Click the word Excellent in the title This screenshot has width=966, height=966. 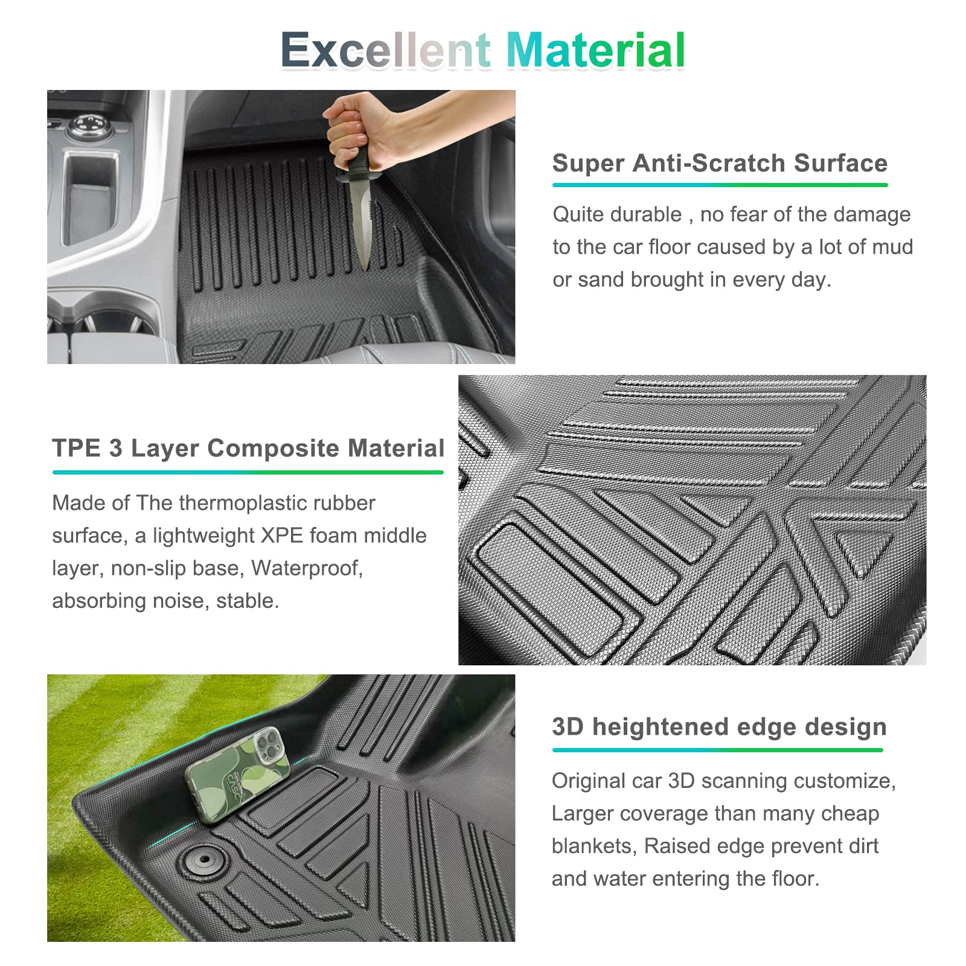click(x=386, y=50)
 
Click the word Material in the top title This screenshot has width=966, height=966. click(x=595, y=50)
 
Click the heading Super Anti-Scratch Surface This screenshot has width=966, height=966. click(x=720, y=163)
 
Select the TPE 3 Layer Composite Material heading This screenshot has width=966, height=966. click(x=248, y=448)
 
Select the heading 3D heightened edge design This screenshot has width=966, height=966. click(x=719, y=727)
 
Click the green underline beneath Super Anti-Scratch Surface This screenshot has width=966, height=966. click(x=720, y=185)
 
